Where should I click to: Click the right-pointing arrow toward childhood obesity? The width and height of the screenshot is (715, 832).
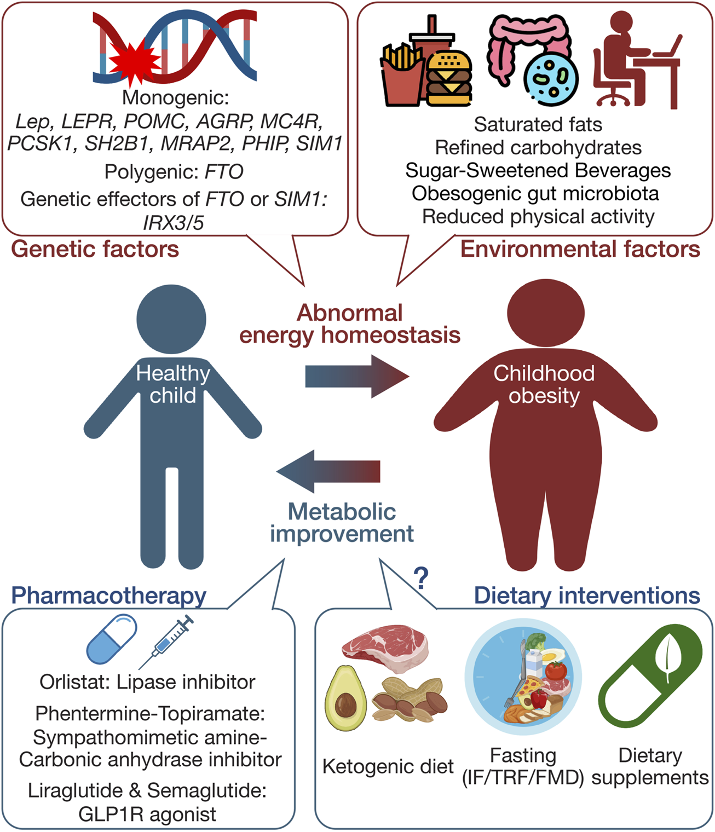point(357,377)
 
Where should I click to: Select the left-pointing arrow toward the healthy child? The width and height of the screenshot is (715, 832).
point(328,471)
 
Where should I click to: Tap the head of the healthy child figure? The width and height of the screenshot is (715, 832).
point(171,319)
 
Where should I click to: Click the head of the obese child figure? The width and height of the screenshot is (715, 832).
point(545,313)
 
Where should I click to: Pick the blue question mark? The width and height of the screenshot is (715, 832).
point(421,579)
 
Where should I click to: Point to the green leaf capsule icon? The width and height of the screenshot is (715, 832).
point(650,676)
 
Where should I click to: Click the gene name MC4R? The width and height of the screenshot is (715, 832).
point(291,121)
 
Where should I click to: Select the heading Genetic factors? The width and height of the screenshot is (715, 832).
point(95,249)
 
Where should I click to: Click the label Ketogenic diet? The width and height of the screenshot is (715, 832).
point(388,767)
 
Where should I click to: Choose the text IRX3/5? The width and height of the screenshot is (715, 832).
point(174,223)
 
